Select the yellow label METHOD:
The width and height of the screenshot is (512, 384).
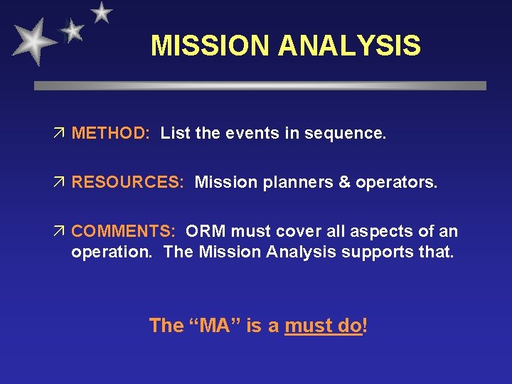tap(110, 134)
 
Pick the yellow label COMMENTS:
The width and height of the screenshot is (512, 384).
tap(124, 231)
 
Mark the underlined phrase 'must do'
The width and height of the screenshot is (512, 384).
tap(323, 326)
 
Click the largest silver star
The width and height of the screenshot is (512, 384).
tap(33, 41)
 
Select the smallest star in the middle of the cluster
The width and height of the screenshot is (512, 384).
tap(72, 30)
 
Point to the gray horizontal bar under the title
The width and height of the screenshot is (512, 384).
tap(260, 85)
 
